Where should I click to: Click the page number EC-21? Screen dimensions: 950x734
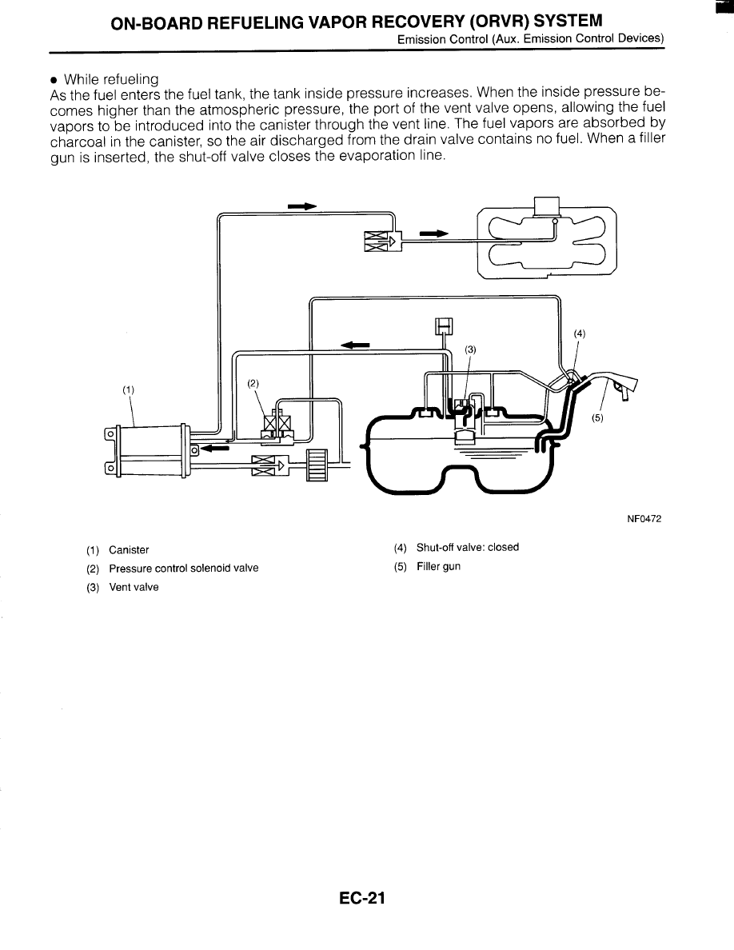tap(361, 899)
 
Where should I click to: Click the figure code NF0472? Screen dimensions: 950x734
tap(644, 518)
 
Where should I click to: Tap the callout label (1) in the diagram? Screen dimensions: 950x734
tap(127, 390)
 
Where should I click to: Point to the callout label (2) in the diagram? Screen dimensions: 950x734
tap(253, 383)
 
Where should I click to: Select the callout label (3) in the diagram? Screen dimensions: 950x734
tap(471, 349)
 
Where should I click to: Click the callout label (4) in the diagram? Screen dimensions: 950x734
tap(580, 334)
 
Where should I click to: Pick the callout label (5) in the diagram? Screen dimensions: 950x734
tap(597, 417)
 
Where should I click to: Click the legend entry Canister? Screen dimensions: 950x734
tap(129, 550)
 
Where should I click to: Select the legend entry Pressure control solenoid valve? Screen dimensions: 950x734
tap(183, 569)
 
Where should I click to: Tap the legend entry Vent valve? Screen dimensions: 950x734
tap(134, 587)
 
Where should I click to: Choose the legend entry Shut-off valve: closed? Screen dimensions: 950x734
tap(467, 548)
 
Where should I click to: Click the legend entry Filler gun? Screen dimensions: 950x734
tap(438, 567)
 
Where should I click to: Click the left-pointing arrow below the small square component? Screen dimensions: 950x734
tap(355, 345)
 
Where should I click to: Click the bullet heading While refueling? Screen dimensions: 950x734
tap(111, 79)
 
